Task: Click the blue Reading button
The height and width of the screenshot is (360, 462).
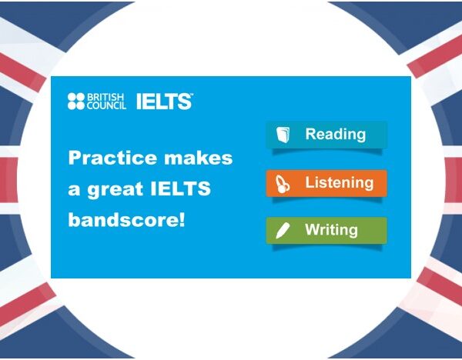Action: tap(326, 135)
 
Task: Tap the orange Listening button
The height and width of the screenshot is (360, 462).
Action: tap(326, 184)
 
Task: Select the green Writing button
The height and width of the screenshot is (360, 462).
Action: tap(326, 230)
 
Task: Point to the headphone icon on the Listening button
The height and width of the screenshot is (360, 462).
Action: tap(283, 185)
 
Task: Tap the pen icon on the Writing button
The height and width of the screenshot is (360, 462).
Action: tap(283, 231)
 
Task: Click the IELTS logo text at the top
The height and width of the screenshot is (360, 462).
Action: tap(163, 102)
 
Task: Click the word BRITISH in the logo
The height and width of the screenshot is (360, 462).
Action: tap(105, 98)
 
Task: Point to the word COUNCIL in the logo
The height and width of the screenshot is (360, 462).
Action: tap(106, 106)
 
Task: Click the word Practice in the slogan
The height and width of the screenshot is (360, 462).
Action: tap(110, 158)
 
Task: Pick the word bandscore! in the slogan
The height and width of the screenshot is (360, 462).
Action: tap(127, 219)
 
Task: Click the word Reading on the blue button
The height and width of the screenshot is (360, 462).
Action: tap(335, 135)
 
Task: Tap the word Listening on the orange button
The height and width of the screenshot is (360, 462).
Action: tap(339, 184)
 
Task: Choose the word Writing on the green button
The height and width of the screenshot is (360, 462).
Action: tap(331, 230)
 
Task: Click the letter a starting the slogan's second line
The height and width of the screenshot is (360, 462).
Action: tap(75, 190)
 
